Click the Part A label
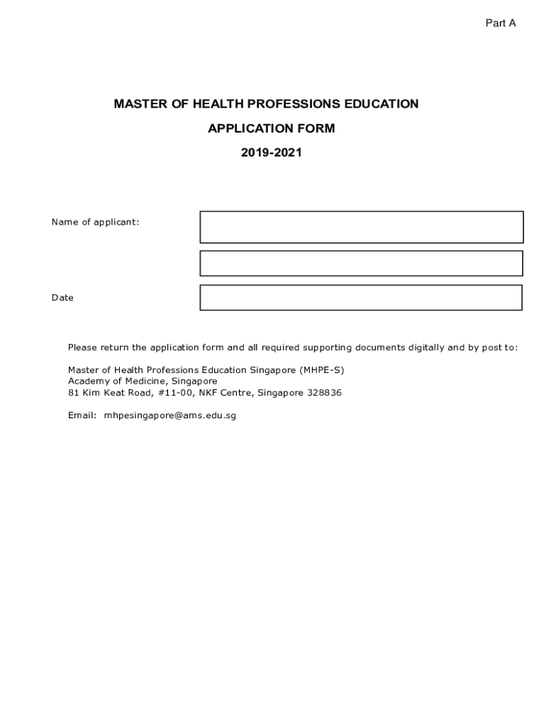500,23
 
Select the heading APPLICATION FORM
271,128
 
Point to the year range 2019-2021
271,152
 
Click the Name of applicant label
95,222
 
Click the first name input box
361,227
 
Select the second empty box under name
361,263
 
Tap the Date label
62,298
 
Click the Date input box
361,298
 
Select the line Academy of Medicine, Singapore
143,381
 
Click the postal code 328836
324,393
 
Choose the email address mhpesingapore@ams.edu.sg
169,415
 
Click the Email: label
82,415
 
